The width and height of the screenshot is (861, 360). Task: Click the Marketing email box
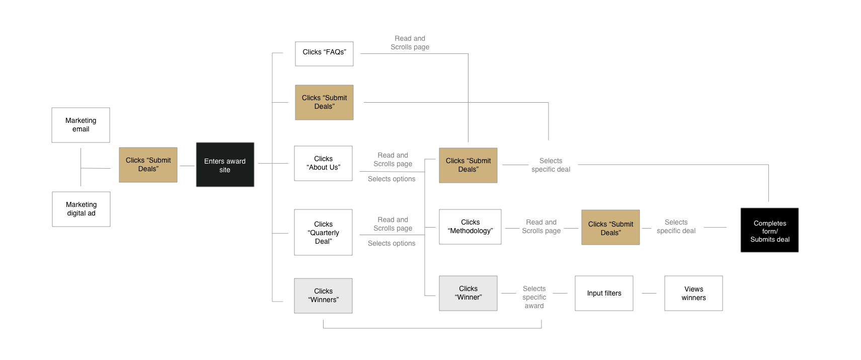pyautogui.click(x=81, y=125)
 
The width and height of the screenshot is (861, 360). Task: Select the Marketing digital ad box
pyautogui.click(x=81, y=209)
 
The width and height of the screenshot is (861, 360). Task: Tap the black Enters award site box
pyautogui.click(x=225, y=165)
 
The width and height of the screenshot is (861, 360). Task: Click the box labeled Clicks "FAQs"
pyautogui.click(x=324, y=53)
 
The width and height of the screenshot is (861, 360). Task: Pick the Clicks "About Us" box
pyautogui.click(x=323, y=163)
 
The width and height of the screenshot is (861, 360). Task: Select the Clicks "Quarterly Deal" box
pyautogui.click(x=323, y=232)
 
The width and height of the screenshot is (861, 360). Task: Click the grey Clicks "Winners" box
pyautogui.click(x=323, y=296)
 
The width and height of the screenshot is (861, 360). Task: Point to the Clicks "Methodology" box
pyautogui.click(x=470, y=227)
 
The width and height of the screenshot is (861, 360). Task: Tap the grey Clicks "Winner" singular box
pyautogui.click(x=468, y=293)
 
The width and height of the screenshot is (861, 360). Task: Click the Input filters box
pyautogui.click(x=604, y=293)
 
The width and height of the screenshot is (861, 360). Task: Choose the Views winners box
pyautogui.click(x=693, y=293)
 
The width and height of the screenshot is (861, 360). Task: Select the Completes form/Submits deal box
pyautogui.click(x=769, y=230)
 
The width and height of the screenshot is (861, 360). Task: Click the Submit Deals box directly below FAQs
pyautogui.click(x=324, y=102)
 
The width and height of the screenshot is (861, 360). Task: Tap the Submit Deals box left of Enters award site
pyautogui.click(x=148, y=165)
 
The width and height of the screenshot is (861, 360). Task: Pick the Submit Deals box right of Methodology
pyautogui.click(x=610, y=228)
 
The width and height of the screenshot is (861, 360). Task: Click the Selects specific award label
pyautogui.click(x=534, y=297)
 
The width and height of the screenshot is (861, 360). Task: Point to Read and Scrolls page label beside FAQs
pyautogui.click(x=410, y=43)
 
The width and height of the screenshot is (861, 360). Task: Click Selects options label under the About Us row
pyautogui.click(x=392, y=179)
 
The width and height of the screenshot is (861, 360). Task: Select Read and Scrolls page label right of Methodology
pyautogui.click(x=541, y=227)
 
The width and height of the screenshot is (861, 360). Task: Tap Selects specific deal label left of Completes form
pyautogui.click(x=676, y=227)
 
